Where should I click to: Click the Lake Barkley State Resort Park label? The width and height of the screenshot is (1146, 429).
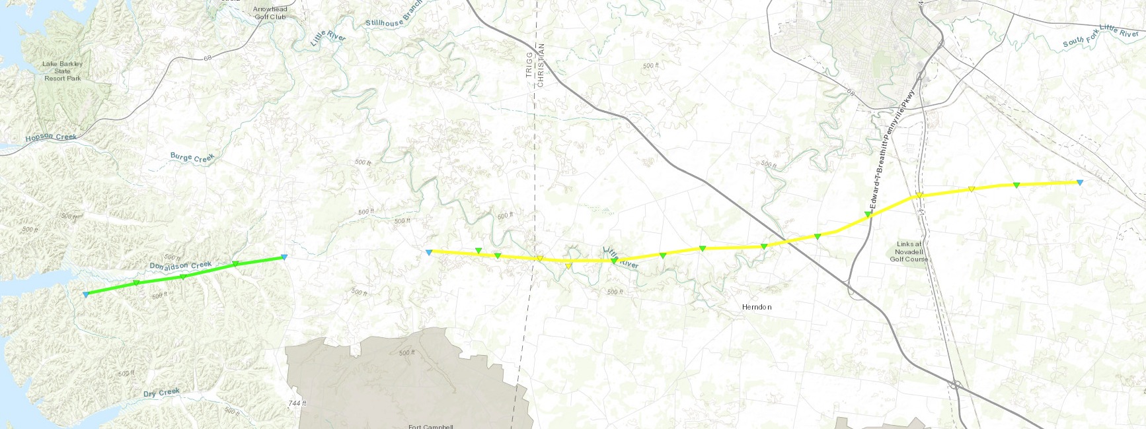pyautogui.click(x=63, y=71)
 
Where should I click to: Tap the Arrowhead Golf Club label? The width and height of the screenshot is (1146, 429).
pyautogui.click(x=270, y=13)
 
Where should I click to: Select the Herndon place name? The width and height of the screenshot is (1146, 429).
pyautogui.click(x=757, y=307)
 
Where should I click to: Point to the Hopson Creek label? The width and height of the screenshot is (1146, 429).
pyautogui.click(x=51, y=137)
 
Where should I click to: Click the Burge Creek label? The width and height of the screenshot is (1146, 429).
pyautogui.click(x=192, y=158)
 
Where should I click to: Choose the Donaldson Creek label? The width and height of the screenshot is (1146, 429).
pyautogui.click(x=180, y=265)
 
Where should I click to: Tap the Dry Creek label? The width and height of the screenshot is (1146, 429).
pyautogui.click(x=161, y=393)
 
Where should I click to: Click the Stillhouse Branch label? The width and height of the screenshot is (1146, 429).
pyautogui.click(x=394, y=19)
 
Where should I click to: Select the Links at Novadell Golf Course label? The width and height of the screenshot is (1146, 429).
pyautogui.click(x=909, y=252)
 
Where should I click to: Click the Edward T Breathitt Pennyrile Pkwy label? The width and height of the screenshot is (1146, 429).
pyautogui.click(x=892, y=150)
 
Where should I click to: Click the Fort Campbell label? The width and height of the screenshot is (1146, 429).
pyautogui.click(x=430, y=426)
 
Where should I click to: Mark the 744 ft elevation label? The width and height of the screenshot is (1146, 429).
pyautogui.click(x=297, y=403)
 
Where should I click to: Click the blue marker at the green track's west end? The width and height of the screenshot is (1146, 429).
pyautogui.click(x=86, y=294)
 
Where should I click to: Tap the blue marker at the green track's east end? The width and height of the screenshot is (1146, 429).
pyautogui.click(x=284, y=257)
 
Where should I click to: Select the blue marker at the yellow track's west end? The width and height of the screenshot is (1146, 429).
pyautogui.click(x=429, y=252)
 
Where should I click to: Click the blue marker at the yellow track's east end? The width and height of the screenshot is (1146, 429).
pyautogui.click(x=1079, y=182)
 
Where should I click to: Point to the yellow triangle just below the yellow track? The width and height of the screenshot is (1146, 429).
pyautogui.click(x=568, y=266)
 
